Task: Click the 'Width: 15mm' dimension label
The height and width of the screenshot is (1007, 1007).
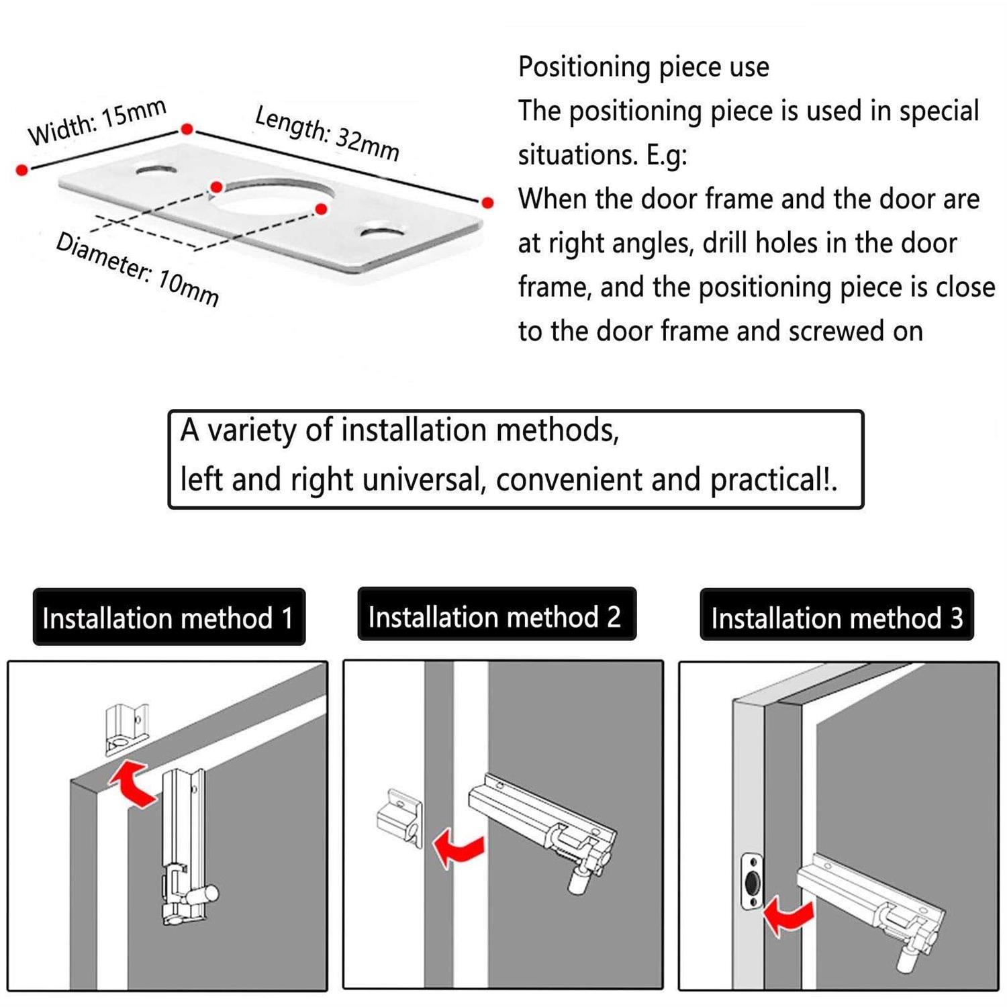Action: (x=97, y=122)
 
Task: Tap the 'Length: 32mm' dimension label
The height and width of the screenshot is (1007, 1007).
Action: (x=327, y=134)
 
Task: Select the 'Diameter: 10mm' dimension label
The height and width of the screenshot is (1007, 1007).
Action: (x=138, y=269)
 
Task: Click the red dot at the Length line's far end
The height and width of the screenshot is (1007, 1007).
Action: (x=488, y=203)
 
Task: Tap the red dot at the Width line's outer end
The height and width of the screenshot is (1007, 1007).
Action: (x=22, y=171)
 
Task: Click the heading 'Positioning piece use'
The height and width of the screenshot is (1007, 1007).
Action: (x=643, y=67)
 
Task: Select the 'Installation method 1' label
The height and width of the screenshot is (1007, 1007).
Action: (x=169, y=618)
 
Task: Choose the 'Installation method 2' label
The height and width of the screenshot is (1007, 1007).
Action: (x=495, y=616)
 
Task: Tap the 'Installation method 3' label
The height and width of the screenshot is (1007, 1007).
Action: (x=836, y=618)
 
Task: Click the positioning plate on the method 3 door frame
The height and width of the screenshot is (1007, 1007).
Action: (x=752, y=881)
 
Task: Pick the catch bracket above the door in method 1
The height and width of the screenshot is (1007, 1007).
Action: (x=126, y=729)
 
